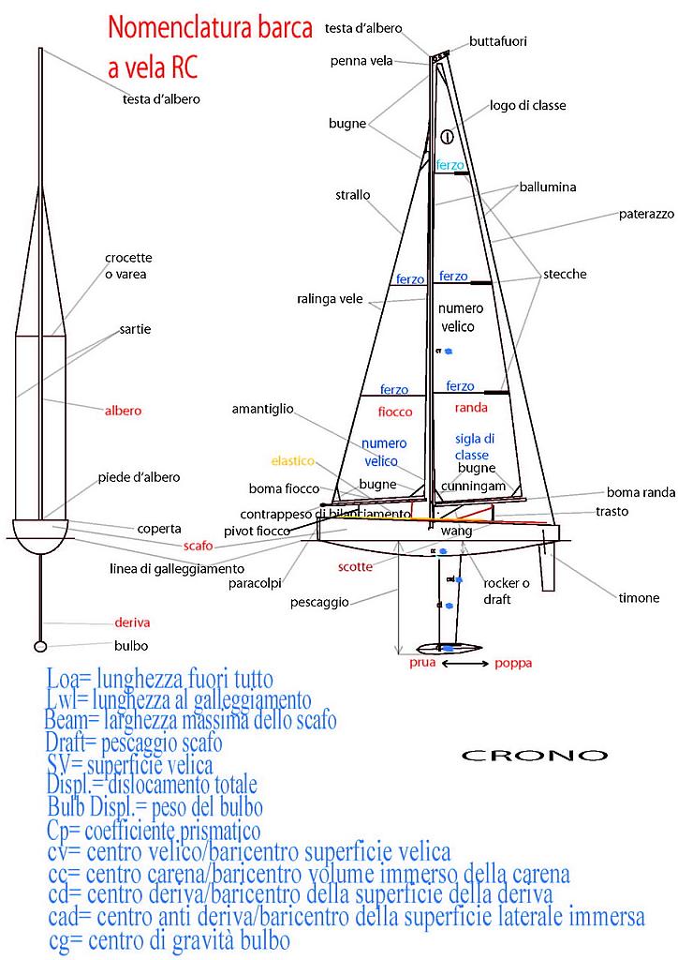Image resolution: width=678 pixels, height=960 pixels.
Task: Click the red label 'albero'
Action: (x=123, y=411)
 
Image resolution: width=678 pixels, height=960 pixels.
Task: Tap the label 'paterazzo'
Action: (x=646, y=214)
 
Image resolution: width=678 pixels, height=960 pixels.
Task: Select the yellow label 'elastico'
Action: (x=293, y=461)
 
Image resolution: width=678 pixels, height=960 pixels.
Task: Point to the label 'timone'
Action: (x=639, y=598)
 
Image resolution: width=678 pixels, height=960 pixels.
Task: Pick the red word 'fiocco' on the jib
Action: (x=394, y=412)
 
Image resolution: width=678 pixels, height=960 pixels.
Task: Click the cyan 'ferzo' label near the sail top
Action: (x=450, y=165)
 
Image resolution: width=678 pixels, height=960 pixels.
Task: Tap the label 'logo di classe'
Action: (x=527, y=106)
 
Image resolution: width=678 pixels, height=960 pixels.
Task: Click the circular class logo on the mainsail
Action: (x=447, y=136)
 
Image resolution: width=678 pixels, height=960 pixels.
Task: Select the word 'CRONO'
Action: (x=535, y=755)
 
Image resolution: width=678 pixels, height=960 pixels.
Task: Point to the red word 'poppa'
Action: (x=513, y=664)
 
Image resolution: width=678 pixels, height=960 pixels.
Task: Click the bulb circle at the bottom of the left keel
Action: (x=40, y=646)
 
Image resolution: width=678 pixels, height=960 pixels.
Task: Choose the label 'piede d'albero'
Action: (x=139, y=477)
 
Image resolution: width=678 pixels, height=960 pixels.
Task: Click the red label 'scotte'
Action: (x=355, y=567)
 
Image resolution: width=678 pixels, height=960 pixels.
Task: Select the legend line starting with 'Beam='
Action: (x=190, y=721)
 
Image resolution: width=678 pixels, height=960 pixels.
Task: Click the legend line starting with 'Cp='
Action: (x=153, y=831)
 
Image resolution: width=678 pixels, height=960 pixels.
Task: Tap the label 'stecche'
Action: (x=565, y=275)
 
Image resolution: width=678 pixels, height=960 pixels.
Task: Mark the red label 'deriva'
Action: (x=131, y=622)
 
